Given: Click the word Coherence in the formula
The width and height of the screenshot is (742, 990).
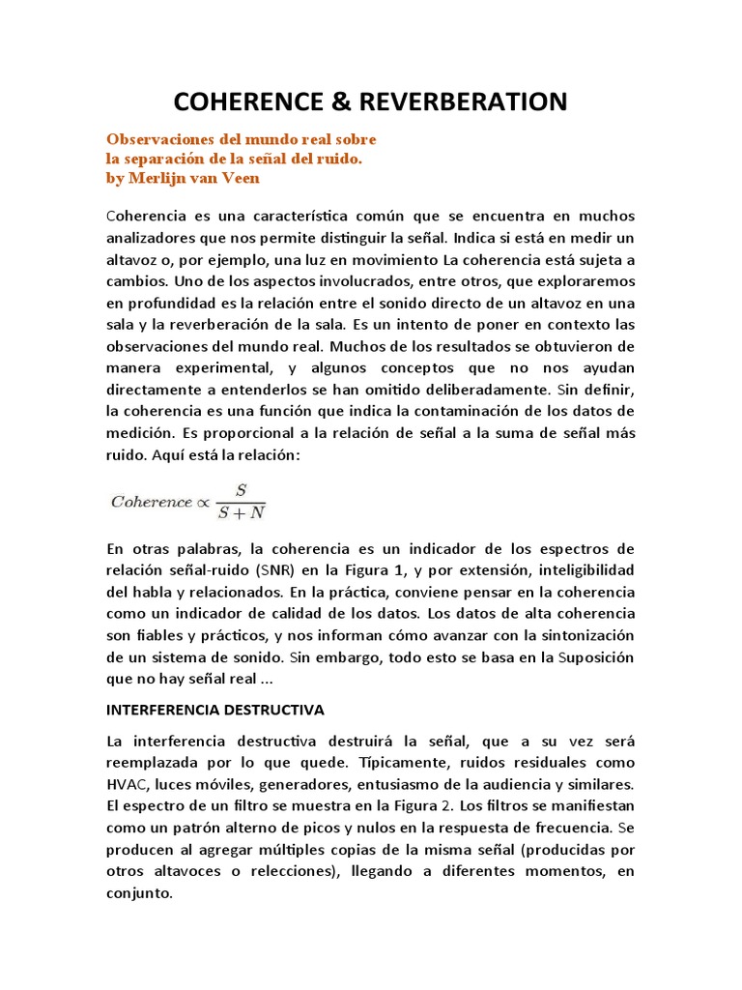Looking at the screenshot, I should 152,502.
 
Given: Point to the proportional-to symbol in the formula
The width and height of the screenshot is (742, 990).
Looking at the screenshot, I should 203,502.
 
